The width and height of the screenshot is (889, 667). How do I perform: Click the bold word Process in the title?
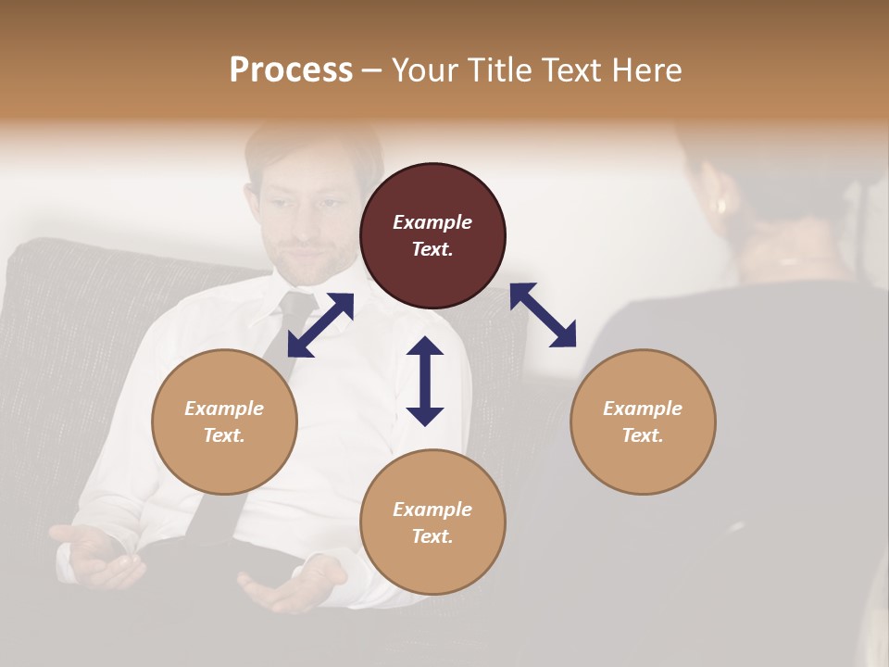click(291, 70)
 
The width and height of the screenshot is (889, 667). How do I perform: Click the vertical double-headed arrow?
click(425, 381)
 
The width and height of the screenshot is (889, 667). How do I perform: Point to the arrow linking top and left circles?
click(320, 324)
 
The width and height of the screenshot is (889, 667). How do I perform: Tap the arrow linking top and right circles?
click(543, 315)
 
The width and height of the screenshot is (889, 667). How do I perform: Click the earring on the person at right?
click(720, 205)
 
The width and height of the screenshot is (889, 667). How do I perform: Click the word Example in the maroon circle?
click(432, 222)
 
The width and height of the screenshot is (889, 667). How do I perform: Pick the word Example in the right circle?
click(643, 409)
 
